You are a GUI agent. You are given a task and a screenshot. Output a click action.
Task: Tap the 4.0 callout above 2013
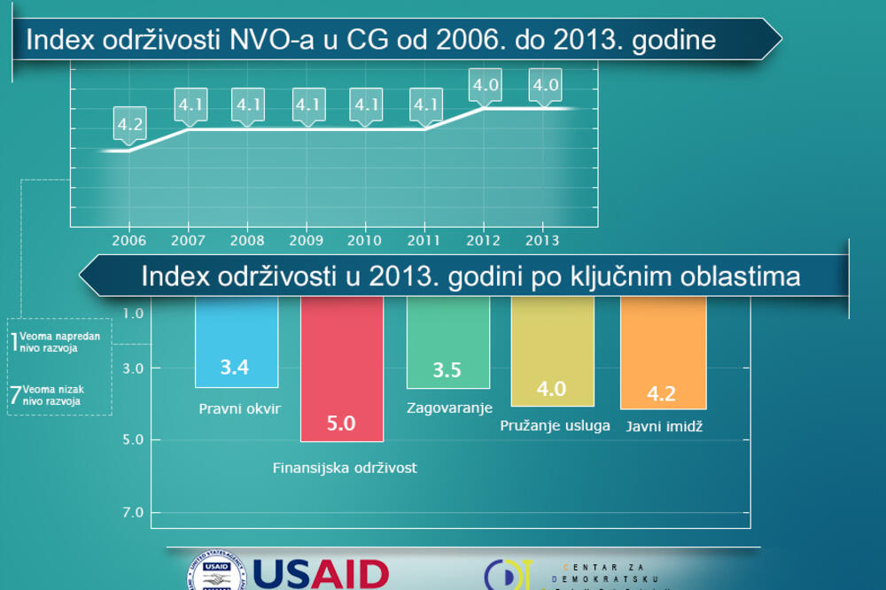coord(545,86)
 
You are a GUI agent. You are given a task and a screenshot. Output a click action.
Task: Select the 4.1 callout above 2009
coord(307,105)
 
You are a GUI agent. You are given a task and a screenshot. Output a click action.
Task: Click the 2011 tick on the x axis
coord(425,239)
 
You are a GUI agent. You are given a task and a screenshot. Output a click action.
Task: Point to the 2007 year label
coord(188,239)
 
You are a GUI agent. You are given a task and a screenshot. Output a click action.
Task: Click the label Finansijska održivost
coord(345,468)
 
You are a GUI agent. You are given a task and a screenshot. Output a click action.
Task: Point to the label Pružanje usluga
coord(555,425)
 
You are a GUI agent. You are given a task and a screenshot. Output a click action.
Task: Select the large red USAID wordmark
coord(321,574)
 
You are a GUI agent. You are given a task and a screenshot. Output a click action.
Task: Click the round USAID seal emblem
coord(215,574)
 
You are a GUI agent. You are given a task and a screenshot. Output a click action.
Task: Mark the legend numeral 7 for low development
coord(15,395)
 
